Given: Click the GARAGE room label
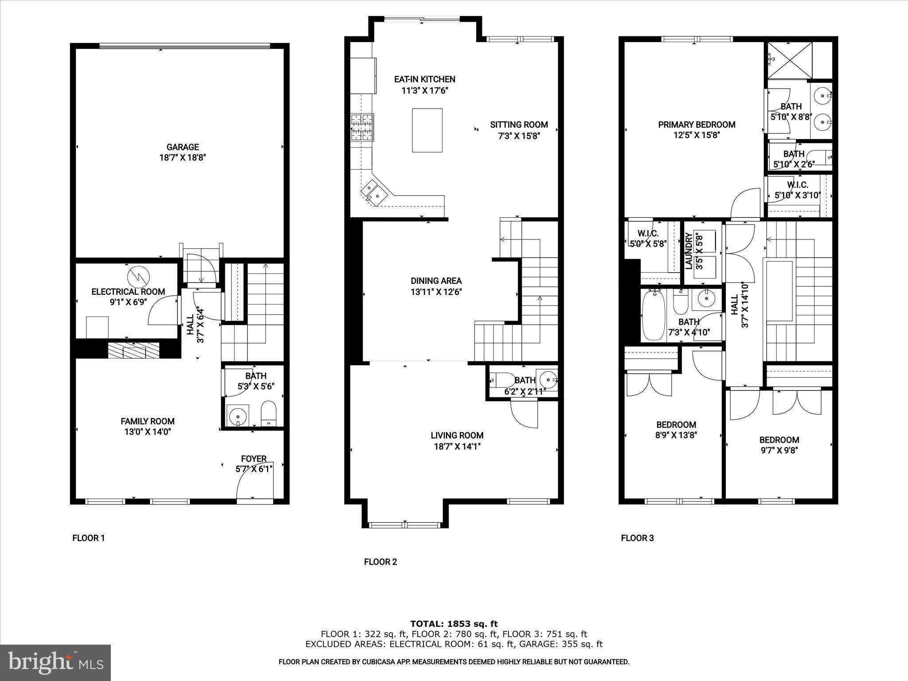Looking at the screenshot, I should click(x=182, y=147).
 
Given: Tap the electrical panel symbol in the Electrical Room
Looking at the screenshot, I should click(x=138, y=277).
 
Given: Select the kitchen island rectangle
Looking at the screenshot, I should click(x=427, y=130).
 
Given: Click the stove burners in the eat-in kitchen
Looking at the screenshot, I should click(x=362, y=127).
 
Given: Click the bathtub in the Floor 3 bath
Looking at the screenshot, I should click(x=654, y=315).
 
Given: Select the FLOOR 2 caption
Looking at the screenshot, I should click(x=380, y=562).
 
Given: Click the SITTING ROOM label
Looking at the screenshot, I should click(x=519, y=125).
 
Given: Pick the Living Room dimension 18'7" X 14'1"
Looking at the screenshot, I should click(x=457, y=446).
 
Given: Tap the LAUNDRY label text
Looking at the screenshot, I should click(x=689, y=251).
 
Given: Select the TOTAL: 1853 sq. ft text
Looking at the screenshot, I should click(x=454, y=624).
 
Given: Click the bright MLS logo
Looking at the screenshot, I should click(x=55, y=663).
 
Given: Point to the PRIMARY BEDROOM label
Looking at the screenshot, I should click(x=697, y=125).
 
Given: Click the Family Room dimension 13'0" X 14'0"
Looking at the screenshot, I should click(x=148, y=432).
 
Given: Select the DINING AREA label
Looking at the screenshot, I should click(x=436, y=281).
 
